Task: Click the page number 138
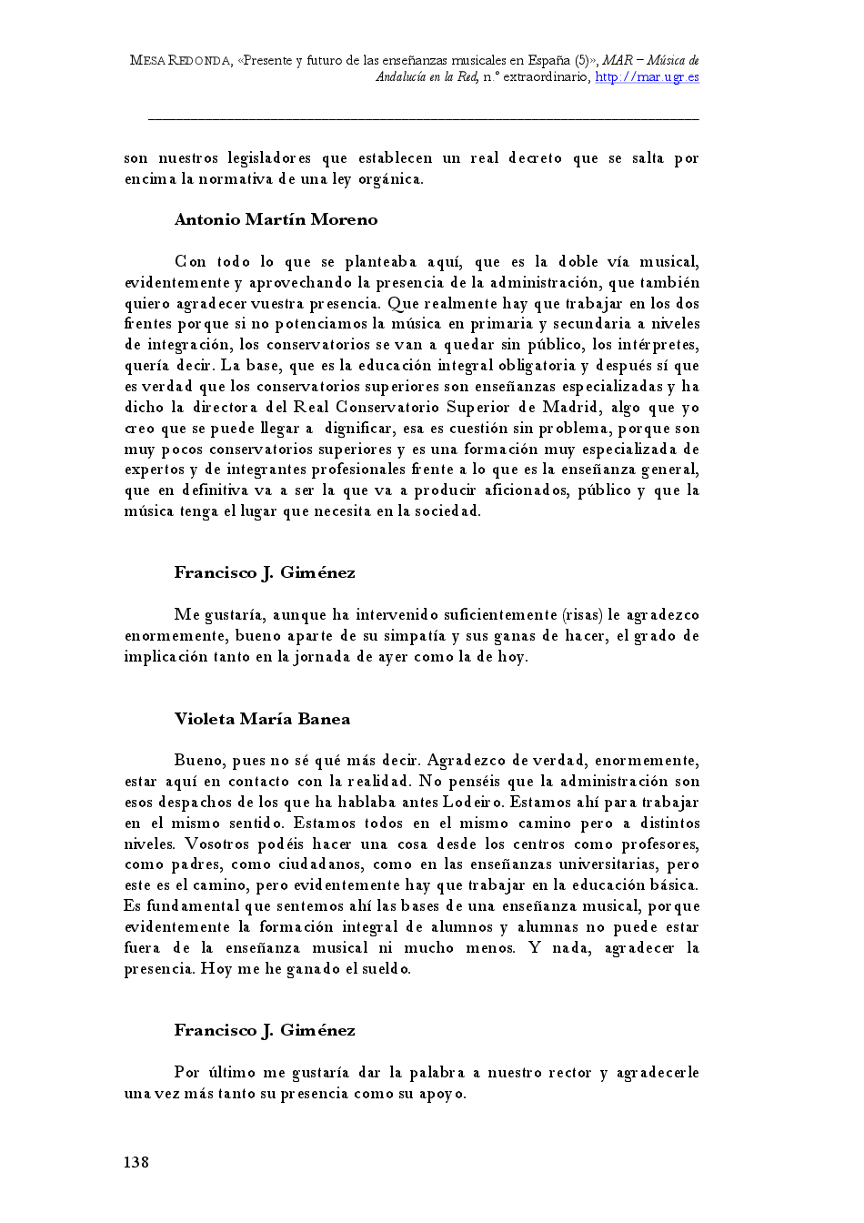[x=136, y=1161]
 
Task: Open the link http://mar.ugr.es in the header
[x=647, y=77]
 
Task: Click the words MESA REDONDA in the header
[x=180, y=60]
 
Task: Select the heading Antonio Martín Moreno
[x=276, y=219]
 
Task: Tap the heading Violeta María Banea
[x=262, y=719]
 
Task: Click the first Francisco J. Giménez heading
[x=265, y=572]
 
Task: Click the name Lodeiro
[x=470, y=802]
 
